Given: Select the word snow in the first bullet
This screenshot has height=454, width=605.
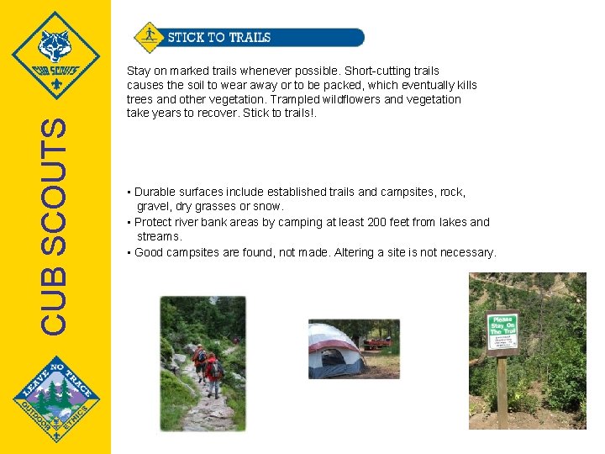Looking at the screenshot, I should [269, 206].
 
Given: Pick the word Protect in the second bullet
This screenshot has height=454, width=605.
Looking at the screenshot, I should [155, 222].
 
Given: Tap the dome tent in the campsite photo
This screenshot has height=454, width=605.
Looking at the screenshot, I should [334, 351].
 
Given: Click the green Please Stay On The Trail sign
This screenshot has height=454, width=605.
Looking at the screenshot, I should [502, 334].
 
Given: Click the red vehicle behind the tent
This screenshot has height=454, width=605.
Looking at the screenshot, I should [376, 342].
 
